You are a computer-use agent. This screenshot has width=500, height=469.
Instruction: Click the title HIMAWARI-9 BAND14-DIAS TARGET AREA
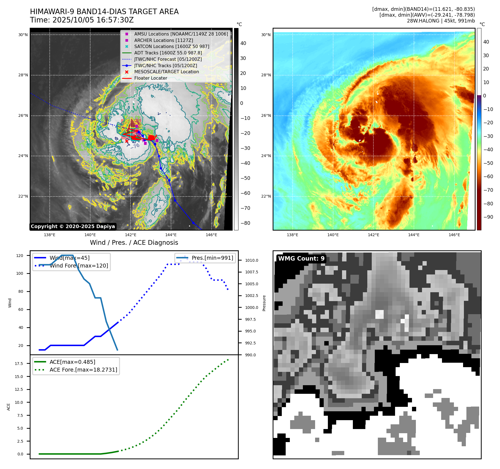[x=104, y=12]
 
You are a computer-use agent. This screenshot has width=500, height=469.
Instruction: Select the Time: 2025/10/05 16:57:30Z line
[x=82, y=20]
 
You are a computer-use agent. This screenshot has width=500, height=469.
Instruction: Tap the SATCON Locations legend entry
[x=172, y=47]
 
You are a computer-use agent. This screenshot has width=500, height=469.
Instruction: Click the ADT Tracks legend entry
[x=168, y=53]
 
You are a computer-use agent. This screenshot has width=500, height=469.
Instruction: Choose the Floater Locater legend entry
[x=150, y=78]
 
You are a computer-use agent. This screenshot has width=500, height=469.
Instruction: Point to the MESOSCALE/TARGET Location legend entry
[x=167, y=72]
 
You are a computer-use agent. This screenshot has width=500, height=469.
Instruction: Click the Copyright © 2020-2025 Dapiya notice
[x=73, y=226]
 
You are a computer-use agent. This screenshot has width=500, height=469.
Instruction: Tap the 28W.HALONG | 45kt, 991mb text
[x=441, y=21]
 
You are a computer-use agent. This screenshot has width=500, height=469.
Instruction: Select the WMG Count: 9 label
[x=301, y=259]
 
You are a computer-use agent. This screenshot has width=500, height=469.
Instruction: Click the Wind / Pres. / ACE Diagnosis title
[x=134, y=243]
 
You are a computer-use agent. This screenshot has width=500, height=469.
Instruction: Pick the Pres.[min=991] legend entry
[x=212, y=258]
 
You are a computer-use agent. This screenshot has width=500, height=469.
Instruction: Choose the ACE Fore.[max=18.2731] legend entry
[x=83, y=370]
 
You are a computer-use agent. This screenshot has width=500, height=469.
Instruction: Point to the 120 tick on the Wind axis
[x=20, y=256]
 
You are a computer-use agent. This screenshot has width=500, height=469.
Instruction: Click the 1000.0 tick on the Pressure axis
[x=252, y=307]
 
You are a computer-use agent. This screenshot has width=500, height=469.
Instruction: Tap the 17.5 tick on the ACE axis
[x=19, y=364]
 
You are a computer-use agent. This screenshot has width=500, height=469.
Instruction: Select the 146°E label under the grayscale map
[x=211, y=235]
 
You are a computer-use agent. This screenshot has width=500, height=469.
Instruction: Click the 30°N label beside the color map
[x=266, y=35]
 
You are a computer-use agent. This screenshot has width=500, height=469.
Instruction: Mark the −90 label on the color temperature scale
[x=488, y=217]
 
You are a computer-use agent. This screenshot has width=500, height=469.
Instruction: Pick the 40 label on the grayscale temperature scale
[x=243, y=43]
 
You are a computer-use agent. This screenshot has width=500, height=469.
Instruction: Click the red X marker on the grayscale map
[x=127, y=141]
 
